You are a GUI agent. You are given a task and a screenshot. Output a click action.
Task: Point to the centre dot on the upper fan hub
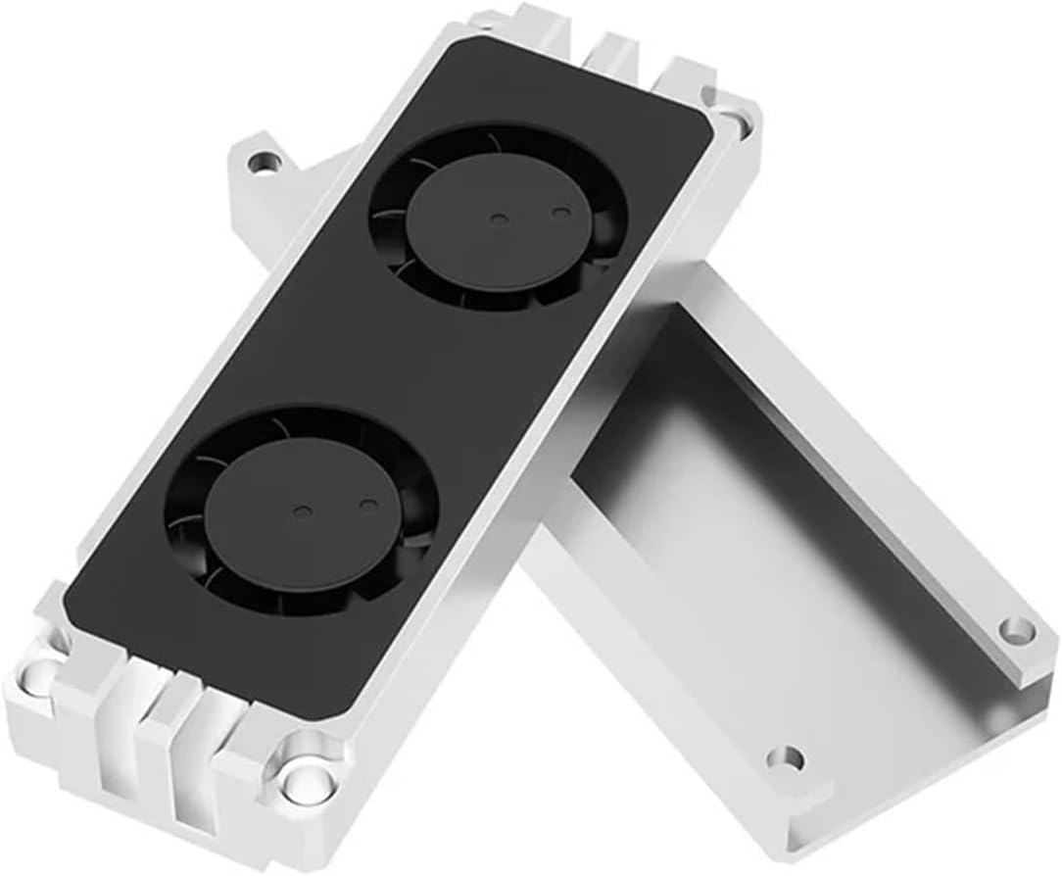click(498, 219)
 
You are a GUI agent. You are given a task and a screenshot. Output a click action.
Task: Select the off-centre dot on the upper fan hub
click(560, 211)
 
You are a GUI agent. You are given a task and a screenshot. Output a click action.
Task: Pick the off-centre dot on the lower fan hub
click(367, 504)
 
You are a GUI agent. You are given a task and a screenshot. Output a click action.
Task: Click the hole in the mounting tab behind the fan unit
click(262, 159)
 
